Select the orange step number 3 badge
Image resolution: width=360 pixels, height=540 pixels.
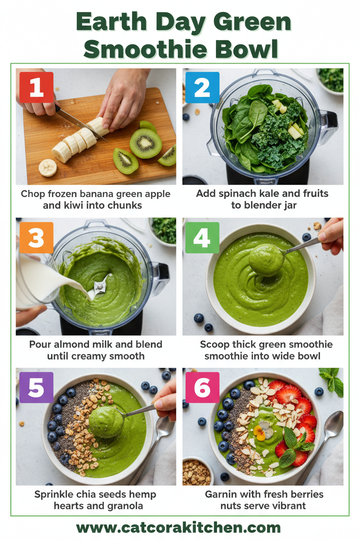(36, 238)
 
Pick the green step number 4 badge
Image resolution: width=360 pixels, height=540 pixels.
(202, 238)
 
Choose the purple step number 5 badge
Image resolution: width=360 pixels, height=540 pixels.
(36, 388)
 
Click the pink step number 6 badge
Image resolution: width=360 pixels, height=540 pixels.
(202, 388)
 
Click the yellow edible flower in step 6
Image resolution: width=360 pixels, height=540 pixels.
(261, 431)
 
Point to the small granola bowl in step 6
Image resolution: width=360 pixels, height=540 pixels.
(197, 471)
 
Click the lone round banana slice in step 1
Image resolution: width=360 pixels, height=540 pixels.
(48, 167)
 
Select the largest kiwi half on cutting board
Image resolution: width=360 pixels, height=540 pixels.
(146, 143)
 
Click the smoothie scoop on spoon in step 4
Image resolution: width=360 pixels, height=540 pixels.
(266, 260)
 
